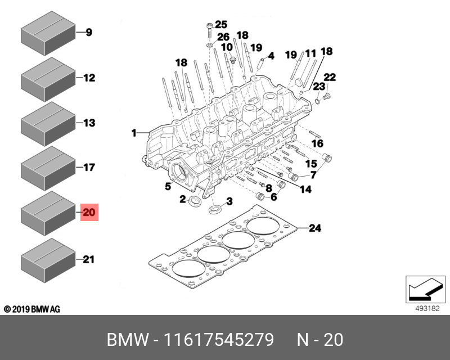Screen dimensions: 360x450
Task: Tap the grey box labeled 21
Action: tap(48, 260)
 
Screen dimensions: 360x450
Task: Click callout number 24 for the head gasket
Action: tap(315, 228)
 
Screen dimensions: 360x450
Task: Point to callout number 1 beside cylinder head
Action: tap(134, 133)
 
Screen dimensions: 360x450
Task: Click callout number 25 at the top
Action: tap(220, 24)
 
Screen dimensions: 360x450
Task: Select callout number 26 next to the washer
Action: tap(223, 37)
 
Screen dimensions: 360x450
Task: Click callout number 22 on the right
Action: tap(330, 77)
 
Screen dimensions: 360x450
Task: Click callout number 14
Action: tap(305, 190)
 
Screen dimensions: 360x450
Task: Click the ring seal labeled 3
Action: tap(215, 211)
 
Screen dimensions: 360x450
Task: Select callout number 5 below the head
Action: tap(168, 186)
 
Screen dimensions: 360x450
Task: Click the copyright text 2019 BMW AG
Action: tap(31, 309)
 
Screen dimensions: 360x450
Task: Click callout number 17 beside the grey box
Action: tap(89, 167)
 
